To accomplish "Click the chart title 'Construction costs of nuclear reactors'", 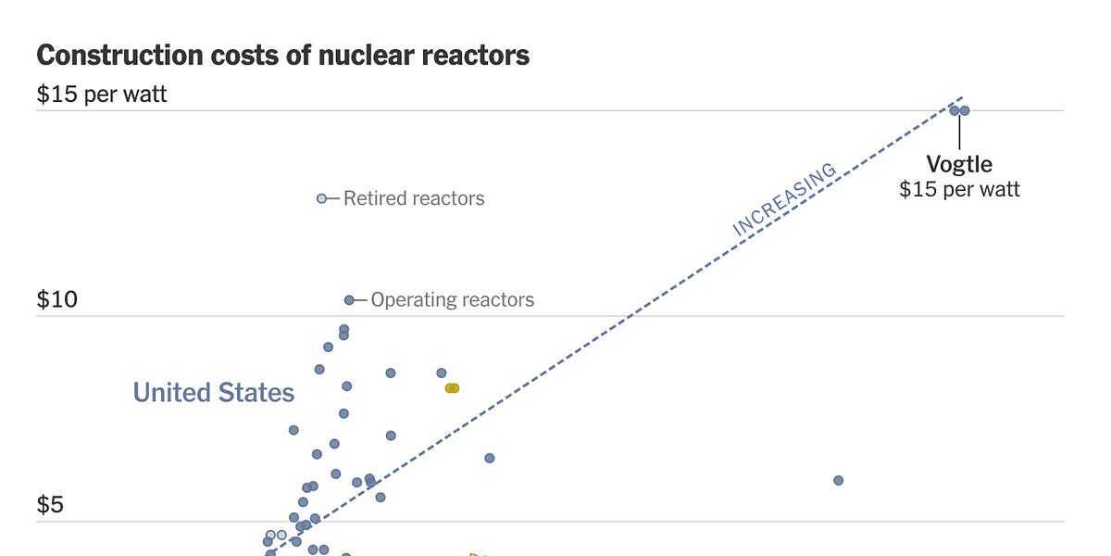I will [282, 56].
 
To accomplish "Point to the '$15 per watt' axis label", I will [102, 95].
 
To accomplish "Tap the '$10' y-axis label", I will [56, 300].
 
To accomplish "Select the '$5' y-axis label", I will [50, 505].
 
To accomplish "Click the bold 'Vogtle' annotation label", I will [959, 165].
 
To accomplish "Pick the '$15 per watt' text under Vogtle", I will [959, 190].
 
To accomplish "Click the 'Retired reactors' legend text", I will [414, 198].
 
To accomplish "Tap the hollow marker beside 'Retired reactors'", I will [322, 198].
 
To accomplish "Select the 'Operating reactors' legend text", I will [453, 300].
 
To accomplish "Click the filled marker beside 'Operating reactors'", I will [349, 300].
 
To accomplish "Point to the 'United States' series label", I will [214, 393].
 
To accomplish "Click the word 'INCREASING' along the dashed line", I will [784, 200].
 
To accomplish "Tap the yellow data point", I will [452, 388].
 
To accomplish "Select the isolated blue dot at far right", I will [839, 480].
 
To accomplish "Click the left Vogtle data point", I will [954, 110].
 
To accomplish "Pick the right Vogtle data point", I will [965, 110].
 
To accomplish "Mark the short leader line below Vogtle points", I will [959, 133].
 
